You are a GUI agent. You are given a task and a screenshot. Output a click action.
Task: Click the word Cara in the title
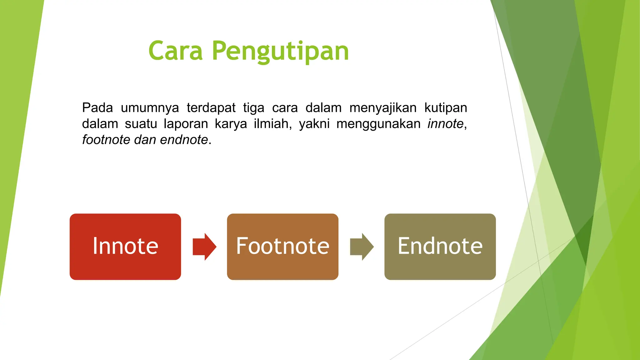[x=176, y=51]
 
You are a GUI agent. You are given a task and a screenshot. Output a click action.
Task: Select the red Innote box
[x=125, y=247]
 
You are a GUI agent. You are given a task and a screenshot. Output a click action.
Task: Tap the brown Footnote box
[x=282, y=247]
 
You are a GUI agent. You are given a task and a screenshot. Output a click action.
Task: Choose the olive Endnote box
[x=440, y=247]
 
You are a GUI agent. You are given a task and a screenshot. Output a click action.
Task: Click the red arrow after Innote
[x=204, y=247]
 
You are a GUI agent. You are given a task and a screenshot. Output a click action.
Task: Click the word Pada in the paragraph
[x=97, y=108]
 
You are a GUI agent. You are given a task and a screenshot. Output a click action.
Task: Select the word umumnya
[x=150, y=108]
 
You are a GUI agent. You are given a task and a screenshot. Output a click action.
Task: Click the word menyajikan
[x=383, y=108]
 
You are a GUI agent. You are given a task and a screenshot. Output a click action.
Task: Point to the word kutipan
[x=446, y=108]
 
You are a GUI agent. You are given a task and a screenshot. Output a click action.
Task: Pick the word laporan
[x=186, y=124]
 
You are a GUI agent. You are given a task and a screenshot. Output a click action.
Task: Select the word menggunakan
[x=378, y=124]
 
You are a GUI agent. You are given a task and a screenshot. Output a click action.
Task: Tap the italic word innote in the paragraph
[x=445, y=124]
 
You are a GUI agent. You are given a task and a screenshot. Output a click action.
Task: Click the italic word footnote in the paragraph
[x=106, y=140]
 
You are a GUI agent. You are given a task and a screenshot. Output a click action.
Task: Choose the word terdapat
[x=211, y=108]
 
